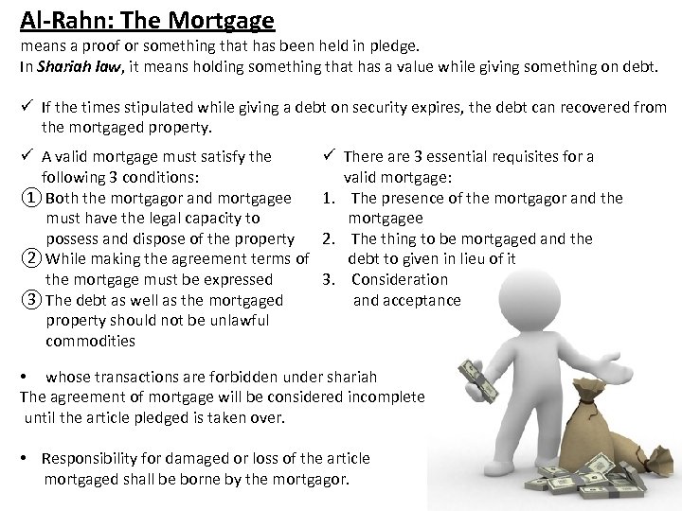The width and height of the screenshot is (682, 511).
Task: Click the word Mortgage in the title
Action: [x=219, y=19]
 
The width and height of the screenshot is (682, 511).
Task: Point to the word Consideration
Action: [x=400, y=279]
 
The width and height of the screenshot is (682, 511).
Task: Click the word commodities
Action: [x=90, y=341]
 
